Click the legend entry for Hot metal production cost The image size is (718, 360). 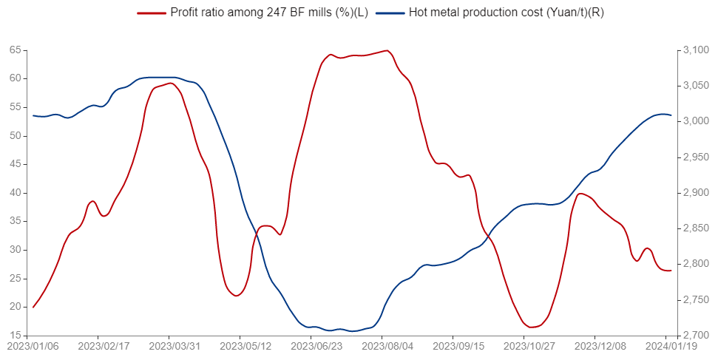coord(506,13)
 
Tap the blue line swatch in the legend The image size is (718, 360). coord(388,13)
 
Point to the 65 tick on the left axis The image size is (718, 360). coord(15,50)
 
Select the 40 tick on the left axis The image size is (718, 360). coord(15,193)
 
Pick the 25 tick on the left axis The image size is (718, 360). coord(15,279)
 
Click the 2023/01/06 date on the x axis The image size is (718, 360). coord(33,345)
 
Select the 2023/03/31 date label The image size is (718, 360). coord(170,345)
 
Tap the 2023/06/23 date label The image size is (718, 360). coord(311,345)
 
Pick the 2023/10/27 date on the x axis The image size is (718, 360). coord(524,345)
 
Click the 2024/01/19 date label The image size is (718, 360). coord(665,345)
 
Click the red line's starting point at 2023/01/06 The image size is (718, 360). coord(33,307)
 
